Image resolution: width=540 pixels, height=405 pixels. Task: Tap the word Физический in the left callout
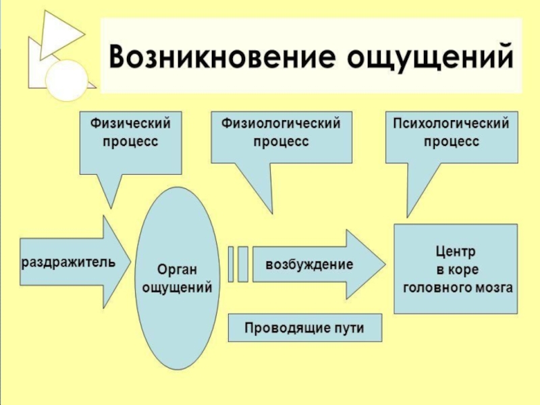(x=130, y=124)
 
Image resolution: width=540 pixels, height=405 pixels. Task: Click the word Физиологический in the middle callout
(x=281, y=124)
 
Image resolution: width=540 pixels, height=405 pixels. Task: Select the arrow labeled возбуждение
(x=310, y=263)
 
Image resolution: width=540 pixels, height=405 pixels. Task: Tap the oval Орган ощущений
(x=178, y=279)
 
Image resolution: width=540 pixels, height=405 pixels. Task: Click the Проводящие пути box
(x=304, y=328)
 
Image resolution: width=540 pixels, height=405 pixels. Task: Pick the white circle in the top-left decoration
(x=66, y=81)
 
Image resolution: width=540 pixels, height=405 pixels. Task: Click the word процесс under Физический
(x=130, y=142)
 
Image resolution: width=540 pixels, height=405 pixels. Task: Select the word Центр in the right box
(x=455, y=252)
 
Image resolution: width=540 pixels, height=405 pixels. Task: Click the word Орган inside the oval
(x=177, y=270)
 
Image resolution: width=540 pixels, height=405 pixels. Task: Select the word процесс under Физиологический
(x=281, y=142)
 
